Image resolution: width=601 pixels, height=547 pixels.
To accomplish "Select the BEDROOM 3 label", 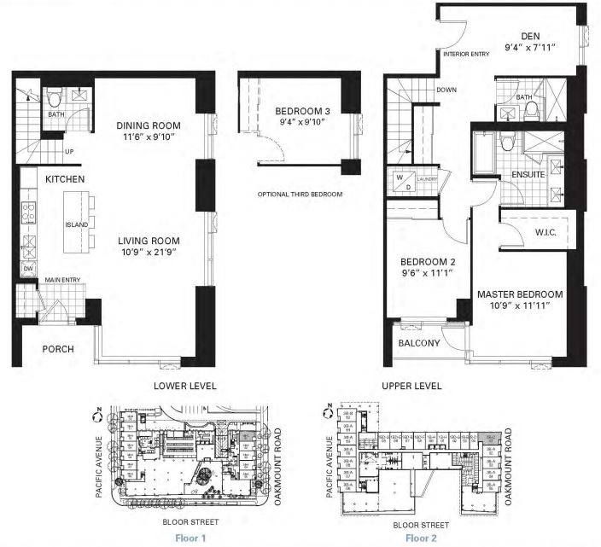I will coord(302,112).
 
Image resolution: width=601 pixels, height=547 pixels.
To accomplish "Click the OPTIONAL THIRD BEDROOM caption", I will coord(300,195).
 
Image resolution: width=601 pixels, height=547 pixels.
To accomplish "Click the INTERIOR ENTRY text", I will coord(466,54).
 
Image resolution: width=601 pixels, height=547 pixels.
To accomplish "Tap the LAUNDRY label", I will coord(428,179).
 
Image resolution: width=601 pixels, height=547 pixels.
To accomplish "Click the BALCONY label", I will coord(419,344).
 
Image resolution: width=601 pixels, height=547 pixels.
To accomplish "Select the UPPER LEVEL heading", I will coord(412,386).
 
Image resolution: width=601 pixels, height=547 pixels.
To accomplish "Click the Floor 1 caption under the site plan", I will coord(190,538).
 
